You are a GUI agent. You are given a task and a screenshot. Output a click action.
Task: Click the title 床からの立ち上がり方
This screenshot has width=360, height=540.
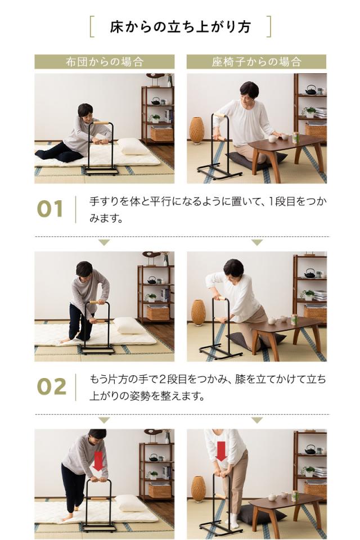(x=180, y=26)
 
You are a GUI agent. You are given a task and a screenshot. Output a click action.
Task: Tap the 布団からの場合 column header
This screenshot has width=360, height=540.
(x=104, y=62)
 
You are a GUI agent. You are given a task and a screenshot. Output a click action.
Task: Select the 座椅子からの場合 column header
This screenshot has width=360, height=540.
(x=256, y=62)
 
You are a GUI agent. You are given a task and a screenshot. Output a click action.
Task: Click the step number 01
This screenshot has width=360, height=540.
(x=51, y=209)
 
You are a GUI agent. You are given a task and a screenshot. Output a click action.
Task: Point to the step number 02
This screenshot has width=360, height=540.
(x=51, y=387)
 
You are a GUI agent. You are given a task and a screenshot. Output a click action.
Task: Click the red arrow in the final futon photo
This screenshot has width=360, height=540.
(x=98, y=461)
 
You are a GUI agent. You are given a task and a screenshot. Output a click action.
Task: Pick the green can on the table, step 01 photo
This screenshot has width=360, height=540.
(x=295, y=137)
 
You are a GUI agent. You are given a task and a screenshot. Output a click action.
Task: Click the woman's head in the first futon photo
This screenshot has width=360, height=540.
(x=85, y=110)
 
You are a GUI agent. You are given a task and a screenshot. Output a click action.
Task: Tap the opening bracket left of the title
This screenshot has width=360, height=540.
(x=92, y=26)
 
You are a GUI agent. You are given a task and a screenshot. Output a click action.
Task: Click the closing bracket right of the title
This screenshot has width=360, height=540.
(x=268, y=26)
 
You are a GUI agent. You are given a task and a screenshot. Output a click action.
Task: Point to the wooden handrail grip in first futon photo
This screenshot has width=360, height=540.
(x=101, y=123)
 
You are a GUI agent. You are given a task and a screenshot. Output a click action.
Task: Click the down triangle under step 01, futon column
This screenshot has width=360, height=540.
(x=104, y=242)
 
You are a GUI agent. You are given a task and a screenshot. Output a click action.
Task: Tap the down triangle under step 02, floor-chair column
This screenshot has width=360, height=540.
(x=256, y=420)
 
